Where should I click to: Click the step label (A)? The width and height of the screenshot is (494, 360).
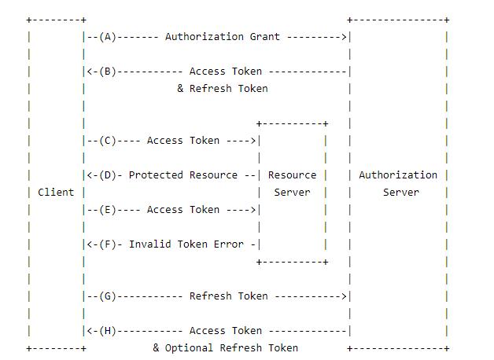click(108, 37)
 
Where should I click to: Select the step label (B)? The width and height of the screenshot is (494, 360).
click(108, 72)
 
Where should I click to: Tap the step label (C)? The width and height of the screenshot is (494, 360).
click(108, 141)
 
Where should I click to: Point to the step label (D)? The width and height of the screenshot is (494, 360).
click(108, 175)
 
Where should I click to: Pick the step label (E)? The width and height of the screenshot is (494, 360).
click(108, 210)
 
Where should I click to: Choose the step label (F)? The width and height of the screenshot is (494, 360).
click(108, 244)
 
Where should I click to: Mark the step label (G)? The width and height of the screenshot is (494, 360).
click(108, 296)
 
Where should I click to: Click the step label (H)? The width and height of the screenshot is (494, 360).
click(108, 331)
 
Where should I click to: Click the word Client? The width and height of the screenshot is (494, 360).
click(56, 193)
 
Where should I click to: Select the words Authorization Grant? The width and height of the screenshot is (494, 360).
click(223, 37)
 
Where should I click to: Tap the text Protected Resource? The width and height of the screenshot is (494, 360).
click(183, 175)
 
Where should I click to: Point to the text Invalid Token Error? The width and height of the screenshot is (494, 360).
click(186, 244)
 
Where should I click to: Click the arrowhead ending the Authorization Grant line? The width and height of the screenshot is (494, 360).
click(344, 37)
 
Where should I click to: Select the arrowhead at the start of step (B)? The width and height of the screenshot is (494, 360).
click(90, 72)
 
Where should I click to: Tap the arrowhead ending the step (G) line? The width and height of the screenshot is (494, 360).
click(344, 296)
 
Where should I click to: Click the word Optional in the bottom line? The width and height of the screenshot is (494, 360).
click(189, 348)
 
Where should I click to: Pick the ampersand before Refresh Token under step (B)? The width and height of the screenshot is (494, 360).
click(180, 88)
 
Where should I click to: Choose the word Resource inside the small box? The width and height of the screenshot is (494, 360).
click(292, 175)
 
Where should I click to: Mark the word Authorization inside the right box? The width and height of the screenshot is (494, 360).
click(398, 175)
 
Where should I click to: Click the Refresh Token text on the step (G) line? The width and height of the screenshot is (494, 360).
click(228, 296)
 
